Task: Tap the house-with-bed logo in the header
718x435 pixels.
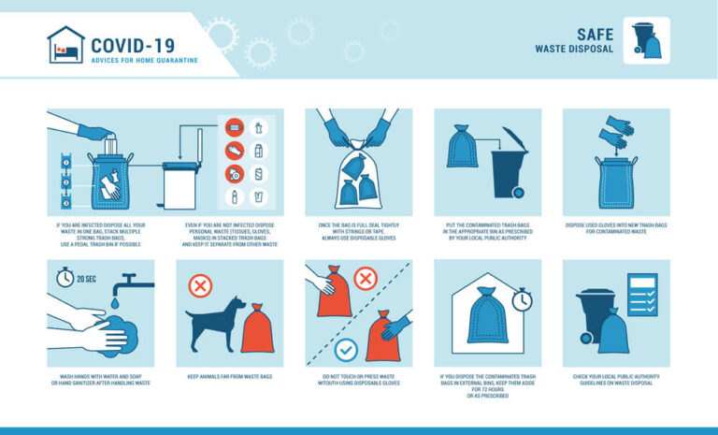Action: tap(65, 44)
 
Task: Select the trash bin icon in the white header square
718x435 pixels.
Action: tap(646, 40)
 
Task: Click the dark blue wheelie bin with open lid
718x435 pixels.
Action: tap(509, 166)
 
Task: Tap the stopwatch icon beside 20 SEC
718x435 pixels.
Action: tap(65, 278)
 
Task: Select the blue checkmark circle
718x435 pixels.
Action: tap(347, 349)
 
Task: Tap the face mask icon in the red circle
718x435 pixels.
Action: tap(234, 126)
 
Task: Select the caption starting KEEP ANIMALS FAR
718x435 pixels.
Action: tap(229, 378)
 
